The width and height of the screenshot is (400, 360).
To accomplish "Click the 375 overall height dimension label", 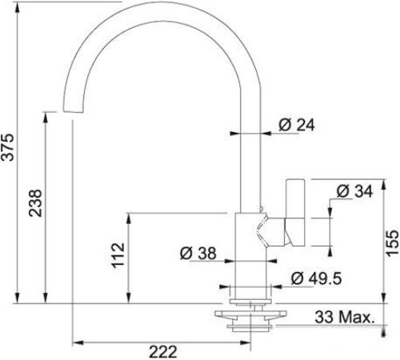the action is (x=7, y=147).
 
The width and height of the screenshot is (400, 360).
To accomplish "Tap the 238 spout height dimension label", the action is (x=35, y=203).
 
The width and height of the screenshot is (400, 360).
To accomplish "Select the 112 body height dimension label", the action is (x=118, y=255).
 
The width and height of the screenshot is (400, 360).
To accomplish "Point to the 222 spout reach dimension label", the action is (x=163, y=352).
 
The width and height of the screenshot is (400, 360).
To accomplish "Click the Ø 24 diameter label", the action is (x=297, y=125).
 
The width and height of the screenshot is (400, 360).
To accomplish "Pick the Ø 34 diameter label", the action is (x=354, y=191).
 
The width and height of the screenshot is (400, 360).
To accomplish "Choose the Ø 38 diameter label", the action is (x=198, y=253).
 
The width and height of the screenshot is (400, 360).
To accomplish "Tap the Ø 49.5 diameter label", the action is (x=316, y=278).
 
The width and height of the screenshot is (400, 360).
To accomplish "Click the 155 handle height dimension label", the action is (x=393, y=243).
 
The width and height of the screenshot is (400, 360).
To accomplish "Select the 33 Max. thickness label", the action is (x=345, y=317).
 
